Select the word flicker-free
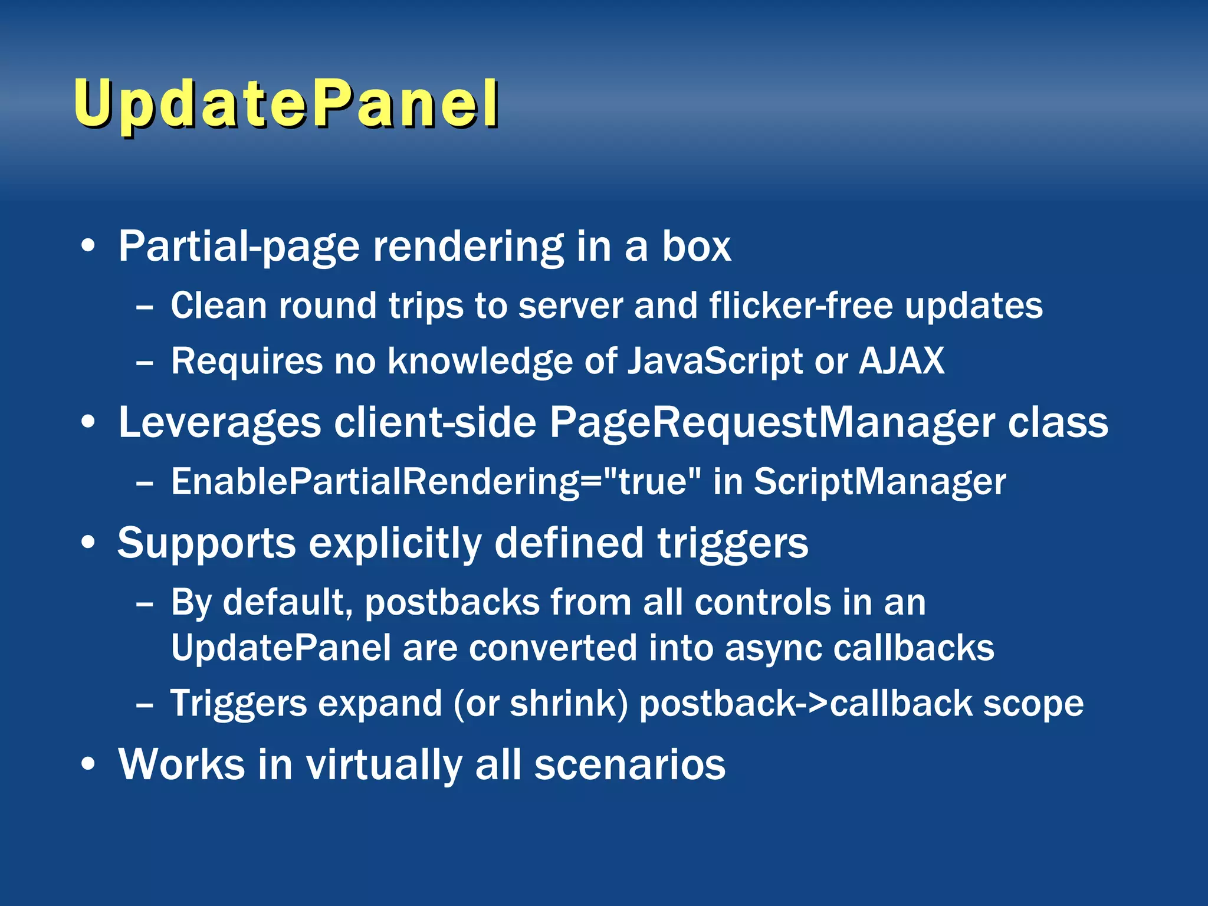pyautogui.click(x=801, y=306)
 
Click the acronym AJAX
pyautogui.click(x=901, y=360)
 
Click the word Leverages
pyautogui.click(x=219, y=424)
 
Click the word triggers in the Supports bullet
pyautogui.click(x=733, y=544)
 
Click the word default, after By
pyautogui.click(x=287, y=603)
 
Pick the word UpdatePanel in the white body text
pyautogui.click(x=281, y=648)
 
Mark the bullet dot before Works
pyautogui.click(x=88, y=764)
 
